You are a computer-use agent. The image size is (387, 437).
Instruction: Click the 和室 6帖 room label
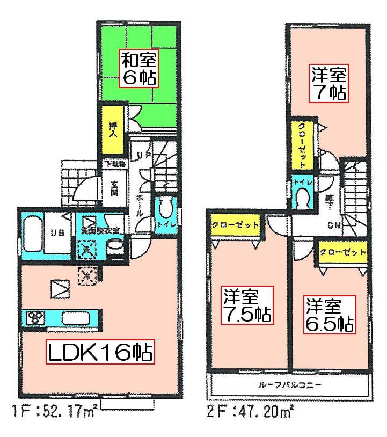pos(138,69)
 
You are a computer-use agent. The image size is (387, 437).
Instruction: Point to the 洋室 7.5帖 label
pos(247,305)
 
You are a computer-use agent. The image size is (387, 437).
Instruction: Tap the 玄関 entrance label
pos(114,187)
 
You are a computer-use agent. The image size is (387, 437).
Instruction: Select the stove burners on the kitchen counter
pos(36,318)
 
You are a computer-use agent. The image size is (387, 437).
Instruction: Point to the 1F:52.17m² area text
pos(54,413)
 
